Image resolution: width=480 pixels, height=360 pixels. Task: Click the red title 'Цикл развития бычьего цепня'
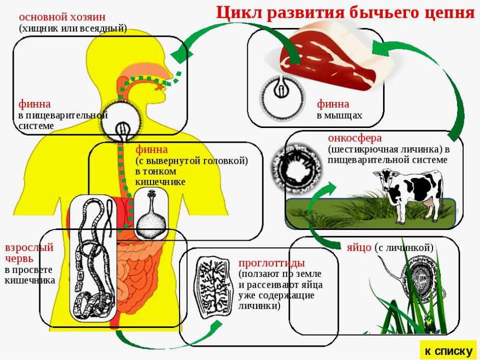345,13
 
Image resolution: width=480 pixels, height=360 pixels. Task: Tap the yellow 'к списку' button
448,350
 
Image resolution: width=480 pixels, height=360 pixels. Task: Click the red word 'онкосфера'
355,138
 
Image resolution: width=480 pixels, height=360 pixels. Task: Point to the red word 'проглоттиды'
271,263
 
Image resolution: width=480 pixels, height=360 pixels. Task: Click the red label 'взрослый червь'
29,253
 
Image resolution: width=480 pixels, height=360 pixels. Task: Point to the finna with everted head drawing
151,214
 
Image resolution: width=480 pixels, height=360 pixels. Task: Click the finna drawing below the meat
282,98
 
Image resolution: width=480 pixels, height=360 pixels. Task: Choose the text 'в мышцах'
339,115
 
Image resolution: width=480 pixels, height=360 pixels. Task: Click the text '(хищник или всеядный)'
73,28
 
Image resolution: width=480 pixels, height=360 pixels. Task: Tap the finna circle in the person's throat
122,121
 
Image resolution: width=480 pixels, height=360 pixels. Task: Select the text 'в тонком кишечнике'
160,176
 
